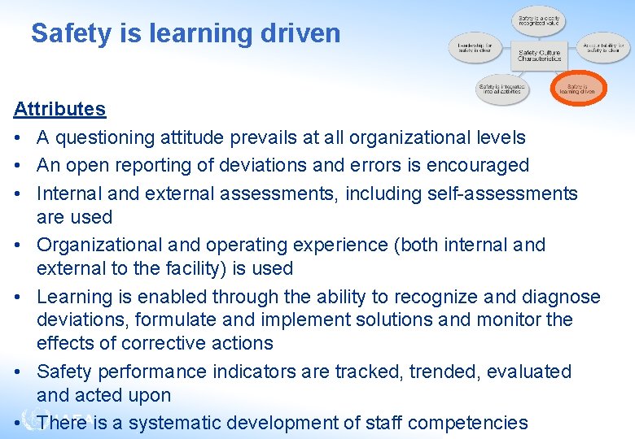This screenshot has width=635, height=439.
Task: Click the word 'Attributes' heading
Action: tap(59, 109)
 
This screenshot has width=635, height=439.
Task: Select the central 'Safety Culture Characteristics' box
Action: tap(539, 54)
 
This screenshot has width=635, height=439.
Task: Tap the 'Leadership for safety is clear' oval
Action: tap(475, 48)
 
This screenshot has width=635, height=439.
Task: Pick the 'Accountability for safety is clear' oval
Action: tap(603, 48)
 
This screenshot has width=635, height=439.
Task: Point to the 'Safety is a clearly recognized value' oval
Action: tap(539, 20)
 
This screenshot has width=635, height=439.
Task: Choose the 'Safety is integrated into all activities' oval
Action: tap(501, 88)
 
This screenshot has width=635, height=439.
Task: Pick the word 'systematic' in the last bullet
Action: tap(171, 423)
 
